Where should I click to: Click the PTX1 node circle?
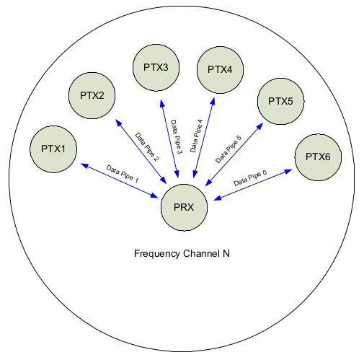(53, 149)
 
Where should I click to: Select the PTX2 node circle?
(92, 96)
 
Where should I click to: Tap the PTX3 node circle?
(156, 68)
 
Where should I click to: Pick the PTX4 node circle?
(220, 70)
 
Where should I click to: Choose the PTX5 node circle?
(280, 101)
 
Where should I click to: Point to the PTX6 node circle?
(318, 157)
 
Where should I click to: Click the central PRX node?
(184, 208)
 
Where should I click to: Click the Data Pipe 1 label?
(123, 174)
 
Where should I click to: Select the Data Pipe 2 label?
(147, 147)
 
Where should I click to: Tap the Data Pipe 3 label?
(177, 137)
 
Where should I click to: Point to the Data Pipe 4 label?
(197, 136)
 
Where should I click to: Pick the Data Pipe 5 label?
(228, 149)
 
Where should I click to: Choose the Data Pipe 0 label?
(250, 178)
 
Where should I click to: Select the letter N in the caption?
(226, 253)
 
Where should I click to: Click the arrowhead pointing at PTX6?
(288, 172)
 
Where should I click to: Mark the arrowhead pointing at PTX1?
(85, 165)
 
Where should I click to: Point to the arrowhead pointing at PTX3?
(162, 103)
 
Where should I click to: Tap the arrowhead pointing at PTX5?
(260, 126)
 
